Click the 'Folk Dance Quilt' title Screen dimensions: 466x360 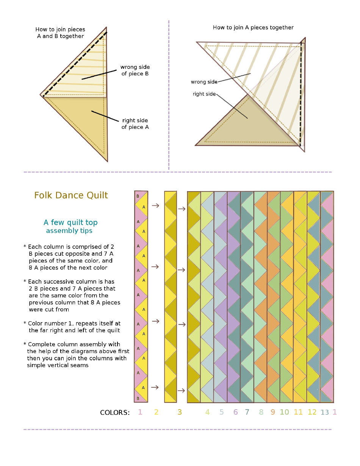(x=71, y=195)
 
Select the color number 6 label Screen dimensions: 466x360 (x=235, y=412)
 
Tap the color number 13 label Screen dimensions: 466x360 (x=325, y=413)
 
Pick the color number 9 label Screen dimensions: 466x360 (x=273, y=412)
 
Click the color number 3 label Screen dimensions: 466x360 (x=180, y=412)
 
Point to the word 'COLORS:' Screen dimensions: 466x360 (x=115, y=413)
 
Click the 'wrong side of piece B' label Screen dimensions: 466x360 (x=135, y=70)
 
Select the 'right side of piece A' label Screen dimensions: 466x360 (x=135, y=124)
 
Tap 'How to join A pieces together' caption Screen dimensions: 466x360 (x=253, y=28)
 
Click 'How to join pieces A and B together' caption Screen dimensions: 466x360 (x=60, y=33)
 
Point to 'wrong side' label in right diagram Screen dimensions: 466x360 (x=204, y=82)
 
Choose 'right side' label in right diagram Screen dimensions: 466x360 (x=204, y=94)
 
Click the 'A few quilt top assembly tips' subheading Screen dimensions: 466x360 (x=70, y=226)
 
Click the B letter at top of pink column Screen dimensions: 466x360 (x=138, y=196)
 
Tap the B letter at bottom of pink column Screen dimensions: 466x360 (x=138, y=399)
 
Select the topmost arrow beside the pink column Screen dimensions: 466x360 (x=155, y=205)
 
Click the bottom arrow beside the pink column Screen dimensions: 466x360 (x=155, y=387)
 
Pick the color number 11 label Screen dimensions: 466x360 (x=298, y=412)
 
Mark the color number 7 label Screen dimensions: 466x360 (x=247, y=412)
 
